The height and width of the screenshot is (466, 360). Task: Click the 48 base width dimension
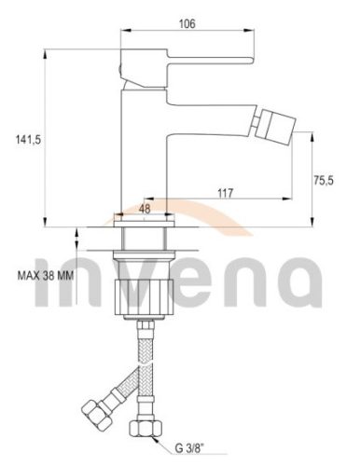pyautogui.click(x=145, y=211)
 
